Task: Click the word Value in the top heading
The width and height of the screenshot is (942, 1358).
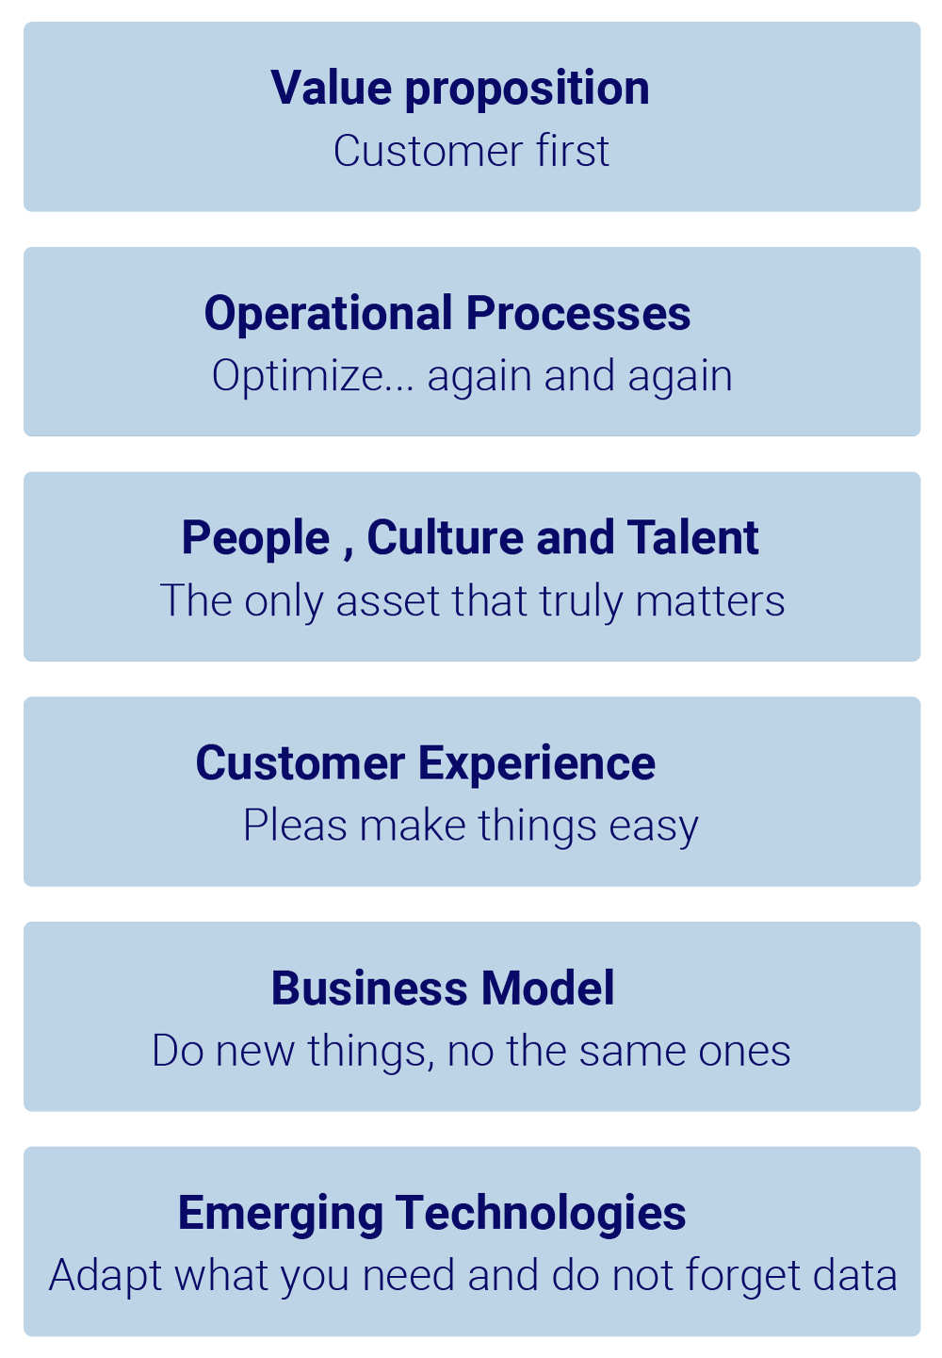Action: point(331,89)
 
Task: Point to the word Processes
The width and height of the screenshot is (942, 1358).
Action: point(578,314)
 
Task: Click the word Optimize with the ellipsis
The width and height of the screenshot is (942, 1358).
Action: point(313,377)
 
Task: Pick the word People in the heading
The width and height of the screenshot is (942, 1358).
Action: point(255,539)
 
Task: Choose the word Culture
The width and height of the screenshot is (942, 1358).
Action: point(445,538)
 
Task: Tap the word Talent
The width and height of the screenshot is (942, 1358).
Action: point(692,538)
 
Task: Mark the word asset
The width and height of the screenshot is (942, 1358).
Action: point(387,601)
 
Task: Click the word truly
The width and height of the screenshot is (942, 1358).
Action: point(580,602)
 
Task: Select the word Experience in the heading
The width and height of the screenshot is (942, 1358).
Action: point(536,764)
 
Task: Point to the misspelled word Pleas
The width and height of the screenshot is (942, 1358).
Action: point(295,826)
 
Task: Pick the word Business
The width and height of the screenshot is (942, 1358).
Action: point(369,989)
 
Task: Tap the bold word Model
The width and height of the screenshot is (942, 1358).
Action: point(548,989)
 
